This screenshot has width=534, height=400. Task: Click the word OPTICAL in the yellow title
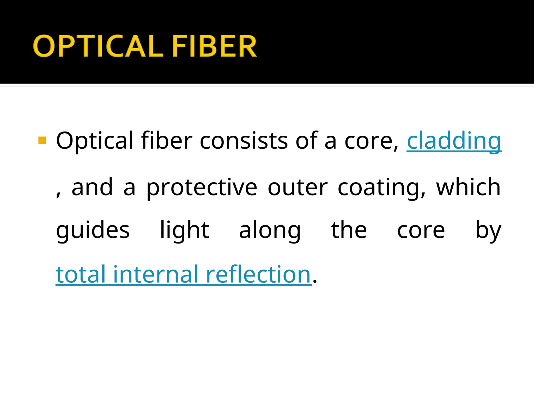coord(98,46)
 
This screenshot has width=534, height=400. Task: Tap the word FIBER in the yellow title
coord(214,46)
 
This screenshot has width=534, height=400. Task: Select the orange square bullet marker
coord(42,140)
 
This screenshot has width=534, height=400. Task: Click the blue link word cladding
coord(454,141)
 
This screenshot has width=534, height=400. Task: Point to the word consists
coord(244,141)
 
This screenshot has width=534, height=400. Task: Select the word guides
coord(93,230)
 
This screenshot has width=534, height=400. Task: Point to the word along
coord(270,230)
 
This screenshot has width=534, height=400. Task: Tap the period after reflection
coord(315,281)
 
